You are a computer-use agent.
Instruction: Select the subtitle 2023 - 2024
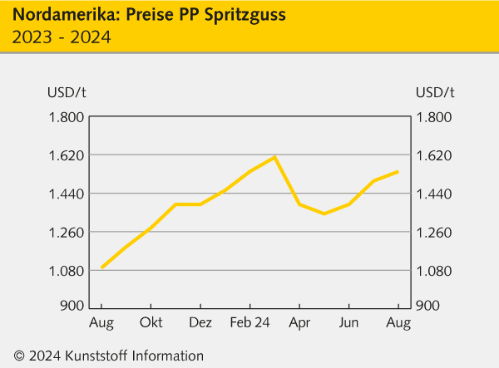[x=62, y=37]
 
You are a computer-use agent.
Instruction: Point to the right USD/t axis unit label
[x=434, y=92]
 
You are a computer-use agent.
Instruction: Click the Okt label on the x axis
[x=151, y=322]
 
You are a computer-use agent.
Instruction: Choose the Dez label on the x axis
[x=200, y=322]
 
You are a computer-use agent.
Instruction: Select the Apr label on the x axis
[x=299, y=322]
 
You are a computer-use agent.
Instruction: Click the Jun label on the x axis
[x=349, y=322]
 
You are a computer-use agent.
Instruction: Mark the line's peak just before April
[x=274, y=157]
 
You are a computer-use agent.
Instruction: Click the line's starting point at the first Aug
[x=101, y=267]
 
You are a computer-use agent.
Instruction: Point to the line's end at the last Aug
[x=398, y=172]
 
